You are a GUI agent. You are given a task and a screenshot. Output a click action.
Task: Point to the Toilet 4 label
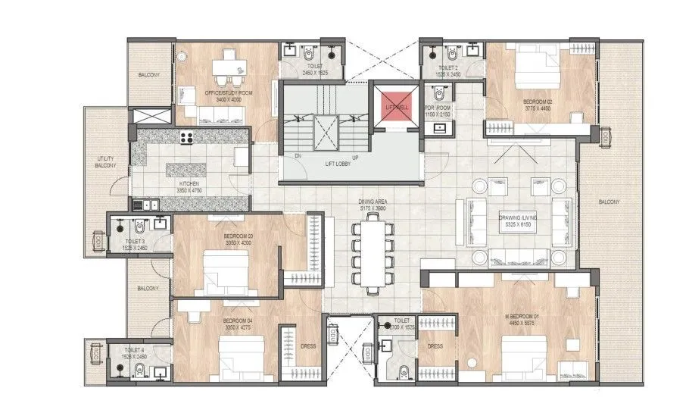coord(136,352)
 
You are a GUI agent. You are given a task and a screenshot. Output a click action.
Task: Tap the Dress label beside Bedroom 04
coord(308,346)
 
